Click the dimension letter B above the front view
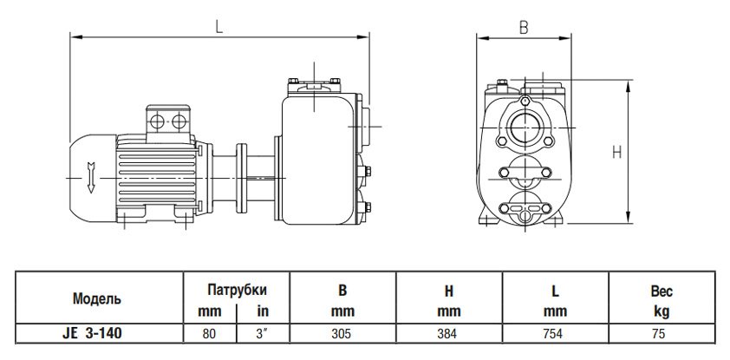(x=524, y=27)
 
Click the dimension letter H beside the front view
(x=617, y=152)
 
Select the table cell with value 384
(x=448, y=331)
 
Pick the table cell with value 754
(x=557, y=331)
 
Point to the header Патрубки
(x=235, y=290)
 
